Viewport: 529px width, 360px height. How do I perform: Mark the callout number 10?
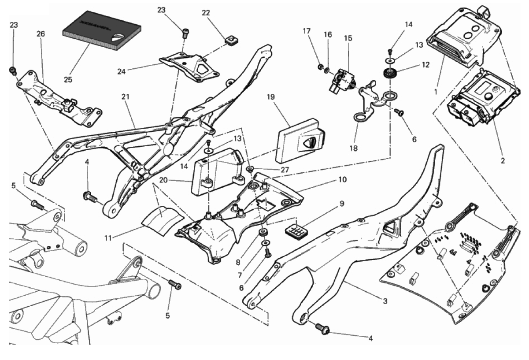342,180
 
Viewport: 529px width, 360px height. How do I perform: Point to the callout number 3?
385,302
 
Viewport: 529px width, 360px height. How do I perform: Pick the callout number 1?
436,92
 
